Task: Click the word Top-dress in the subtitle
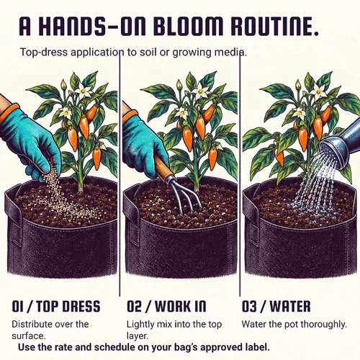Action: point(44,53)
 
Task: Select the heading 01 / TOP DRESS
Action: point(55,306)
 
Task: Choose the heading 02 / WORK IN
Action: point(166,306)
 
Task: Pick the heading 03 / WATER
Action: point(276,306)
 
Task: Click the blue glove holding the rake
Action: point(143,142)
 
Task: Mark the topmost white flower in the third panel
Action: point(319,91)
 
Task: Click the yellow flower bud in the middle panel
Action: point(179,84)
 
